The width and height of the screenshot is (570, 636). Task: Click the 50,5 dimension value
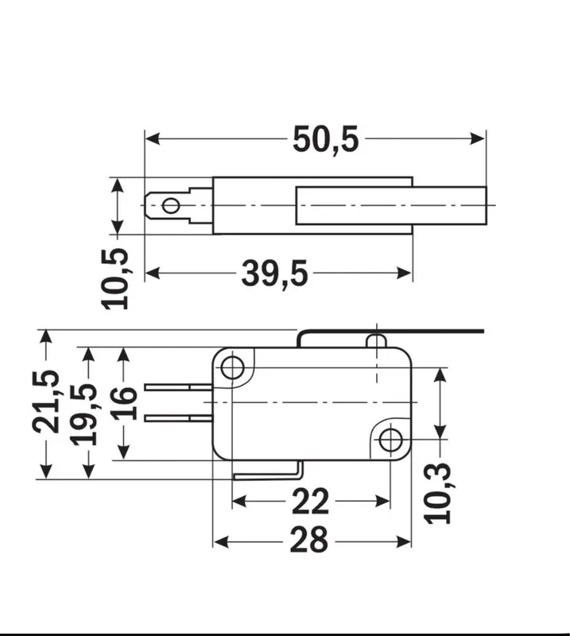click(326, 140)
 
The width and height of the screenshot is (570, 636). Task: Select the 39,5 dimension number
click(274, 273)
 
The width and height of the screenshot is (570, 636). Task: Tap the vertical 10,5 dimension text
click(115, 279)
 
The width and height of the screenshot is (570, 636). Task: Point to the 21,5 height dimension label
click(46, 401)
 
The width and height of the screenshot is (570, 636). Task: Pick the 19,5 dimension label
click(84, 414)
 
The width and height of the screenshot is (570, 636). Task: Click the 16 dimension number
click(124, 403)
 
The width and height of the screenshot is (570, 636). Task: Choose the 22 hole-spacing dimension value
click(310, 502)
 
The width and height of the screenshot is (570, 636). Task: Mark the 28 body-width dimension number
click(308, 540)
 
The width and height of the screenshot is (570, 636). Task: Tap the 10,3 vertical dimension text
click(437, 493)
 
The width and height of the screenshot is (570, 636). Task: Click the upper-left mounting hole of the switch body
click(232, 367)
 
